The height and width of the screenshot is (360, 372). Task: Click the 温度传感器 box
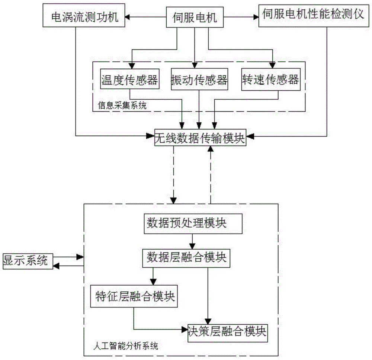tap(129, 79)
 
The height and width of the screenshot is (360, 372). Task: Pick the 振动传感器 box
tap(199, 79)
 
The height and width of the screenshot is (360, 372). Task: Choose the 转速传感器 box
tap(270, 79)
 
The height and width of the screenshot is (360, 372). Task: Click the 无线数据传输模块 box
tap(200, 138)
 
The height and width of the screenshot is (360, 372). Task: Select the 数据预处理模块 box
tap(192, 224)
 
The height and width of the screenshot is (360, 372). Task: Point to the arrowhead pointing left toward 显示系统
tap(56, 265)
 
